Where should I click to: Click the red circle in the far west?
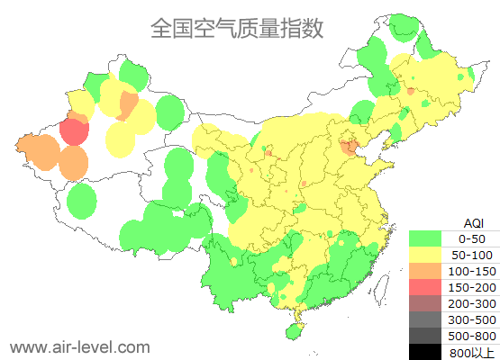[x=74, y=132]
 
